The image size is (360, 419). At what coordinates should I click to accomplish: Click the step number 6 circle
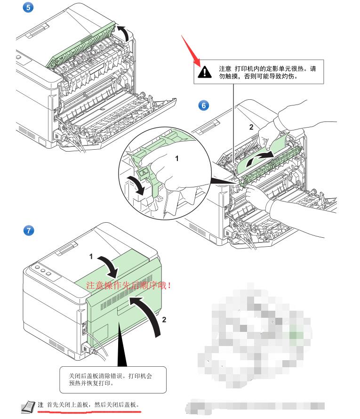[203, 105]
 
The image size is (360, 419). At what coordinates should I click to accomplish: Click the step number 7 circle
[28, 230]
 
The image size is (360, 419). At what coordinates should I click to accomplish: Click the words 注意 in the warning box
[225, 68]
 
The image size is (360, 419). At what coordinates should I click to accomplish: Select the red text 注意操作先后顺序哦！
[128, 285]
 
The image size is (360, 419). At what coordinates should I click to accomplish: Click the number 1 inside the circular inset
[177, 159]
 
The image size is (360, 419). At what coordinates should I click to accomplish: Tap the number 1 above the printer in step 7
[92, 256]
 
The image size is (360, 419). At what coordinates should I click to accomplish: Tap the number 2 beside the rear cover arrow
[164, 319]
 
